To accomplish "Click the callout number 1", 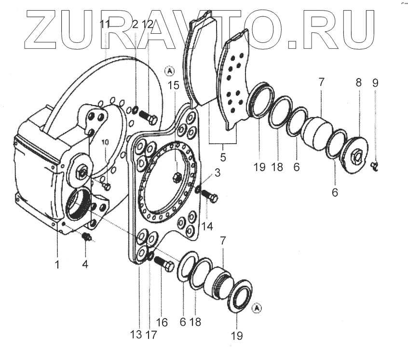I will click(x=58, y=265).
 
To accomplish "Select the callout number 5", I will click(x=223, y=157).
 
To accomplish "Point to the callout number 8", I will click(x=359, y=82).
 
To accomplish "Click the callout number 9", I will click(x=376, y=82).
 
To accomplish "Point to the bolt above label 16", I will click(x=165, y=266).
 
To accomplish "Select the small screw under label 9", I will click(x=375, y=167).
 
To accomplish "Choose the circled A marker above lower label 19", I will click(x=257, y=307).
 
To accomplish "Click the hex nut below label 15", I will click(x=177, y=176).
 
